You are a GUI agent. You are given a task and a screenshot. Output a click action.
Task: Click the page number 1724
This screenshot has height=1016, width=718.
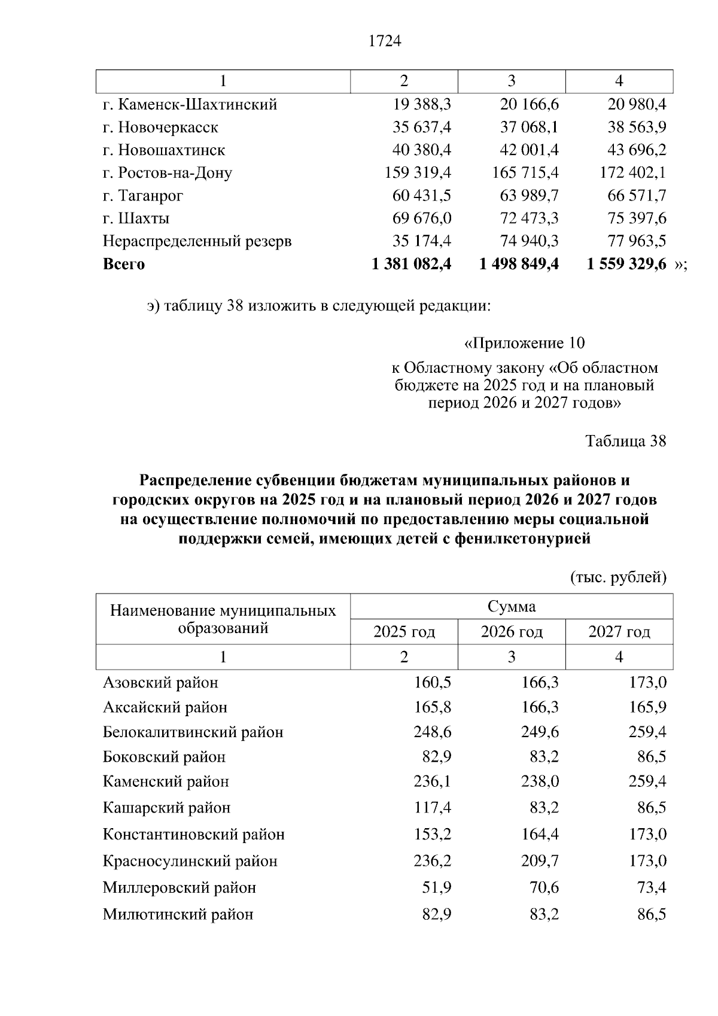coord(385,41)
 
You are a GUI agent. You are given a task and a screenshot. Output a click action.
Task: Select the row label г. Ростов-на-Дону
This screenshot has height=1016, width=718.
coord(168,173)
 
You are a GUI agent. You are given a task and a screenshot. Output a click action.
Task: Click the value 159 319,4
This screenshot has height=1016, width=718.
coord(418,173)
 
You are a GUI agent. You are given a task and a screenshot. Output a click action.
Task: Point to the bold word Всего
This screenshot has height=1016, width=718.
coord(124,264)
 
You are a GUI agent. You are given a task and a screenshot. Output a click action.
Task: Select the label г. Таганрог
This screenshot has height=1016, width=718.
coord(143,196)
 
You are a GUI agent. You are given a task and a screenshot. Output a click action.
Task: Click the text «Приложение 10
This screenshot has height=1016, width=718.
coord(524,343)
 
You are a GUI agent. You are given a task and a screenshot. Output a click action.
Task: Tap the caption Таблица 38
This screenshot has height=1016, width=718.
coord(625,441)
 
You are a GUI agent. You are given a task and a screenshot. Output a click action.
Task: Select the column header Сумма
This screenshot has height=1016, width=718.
coord(512,607)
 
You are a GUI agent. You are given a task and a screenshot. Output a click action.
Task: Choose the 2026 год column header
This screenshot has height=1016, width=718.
coord(512,632)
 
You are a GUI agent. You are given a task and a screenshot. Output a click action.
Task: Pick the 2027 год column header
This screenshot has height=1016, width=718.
coord(619,632)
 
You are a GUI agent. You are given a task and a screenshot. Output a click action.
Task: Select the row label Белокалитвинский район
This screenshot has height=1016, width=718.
coord(193,732)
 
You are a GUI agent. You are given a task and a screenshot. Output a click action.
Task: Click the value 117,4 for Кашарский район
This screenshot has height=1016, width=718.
coord(433,808)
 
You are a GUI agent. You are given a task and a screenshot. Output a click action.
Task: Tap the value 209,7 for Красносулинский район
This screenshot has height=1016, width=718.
coord(540,861)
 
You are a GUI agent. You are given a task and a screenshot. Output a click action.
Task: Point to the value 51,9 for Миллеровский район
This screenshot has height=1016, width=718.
coord(437,887)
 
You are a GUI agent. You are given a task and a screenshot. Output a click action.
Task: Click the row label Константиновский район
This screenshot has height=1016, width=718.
coord(193,834)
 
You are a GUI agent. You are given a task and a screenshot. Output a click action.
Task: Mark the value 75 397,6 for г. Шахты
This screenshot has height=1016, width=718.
coord(637,218)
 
